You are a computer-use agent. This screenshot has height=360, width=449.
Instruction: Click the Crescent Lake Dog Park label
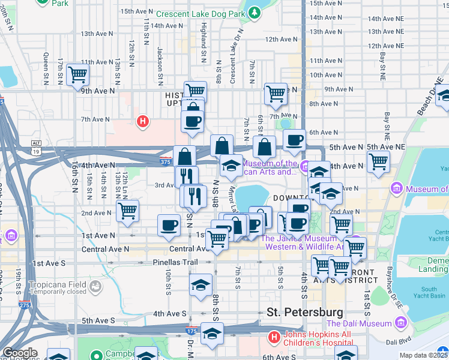pos(201,13)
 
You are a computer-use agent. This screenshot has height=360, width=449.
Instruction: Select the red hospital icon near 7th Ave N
pos(143,122)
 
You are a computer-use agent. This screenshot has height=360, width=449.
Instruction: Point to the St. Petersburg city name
pos(305,312)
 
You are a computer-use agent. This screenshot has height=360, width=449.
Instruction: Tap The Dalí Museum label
pos(359,324)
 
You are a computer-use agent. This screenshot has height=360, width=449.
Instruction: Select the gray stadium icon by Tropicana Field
pos(95,289)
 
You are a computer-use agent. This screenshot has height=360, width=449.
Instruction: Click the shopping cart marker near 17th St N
pos(77,74)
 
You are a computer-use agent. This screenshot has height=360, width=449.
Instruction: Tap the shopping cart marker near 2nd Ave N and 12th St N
pos(127,211)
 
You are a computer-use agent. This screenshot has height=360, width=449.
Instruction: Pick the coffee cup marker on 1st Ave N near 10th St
pos(169,225)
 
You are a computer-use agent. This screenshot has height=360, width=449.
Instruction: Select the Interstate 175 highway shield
pos(191,330)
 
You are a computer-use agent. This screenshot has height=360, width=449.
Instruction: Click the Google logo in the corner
pos(19,353)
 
